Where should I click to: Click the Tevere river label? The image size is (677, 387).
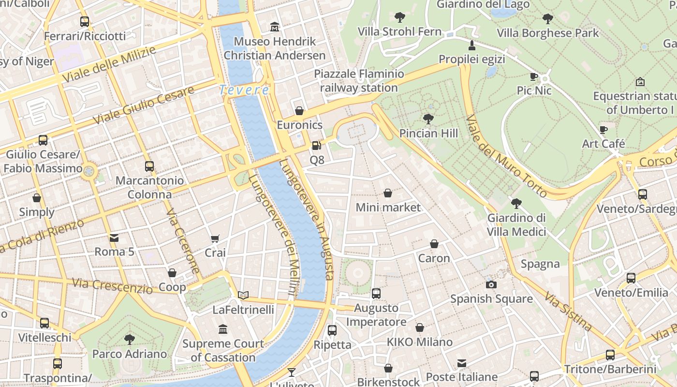(x=244, y=90)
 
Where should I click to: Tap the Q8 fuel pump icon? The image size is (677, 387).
(x=316, y=145)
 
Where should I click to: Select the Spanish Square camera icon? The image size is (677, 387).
(x=491, y=284)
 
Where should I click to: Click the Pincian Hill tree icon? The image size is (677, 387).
(x=428, y=119)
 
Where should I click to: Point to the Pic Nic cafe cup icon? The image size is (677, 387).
(x=534, y=76)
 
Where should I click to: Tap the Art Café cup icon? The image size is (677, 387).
(x=603, y=130)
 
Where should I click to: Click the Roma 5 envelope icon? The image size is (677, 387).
(x=114, y=238)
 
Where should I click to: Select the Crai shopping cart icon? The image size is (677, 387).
(x=215, y=238)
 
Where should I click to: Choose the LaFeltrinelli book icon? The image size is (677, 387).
(x=243, y=295)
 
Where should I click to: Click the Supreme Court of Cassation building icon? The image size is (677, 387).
(x=223, y=329)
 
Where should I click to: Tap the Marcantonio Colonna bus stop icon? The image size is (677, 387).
(x=149, y=166)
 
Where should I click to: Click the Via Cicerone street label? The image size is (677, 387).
(x=183, y=242)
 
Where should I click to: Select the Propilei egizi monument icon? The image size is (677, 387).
(x=472, y=45)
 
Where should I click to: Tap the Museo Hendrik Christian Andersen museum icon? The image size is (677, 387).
(x=275, y=27)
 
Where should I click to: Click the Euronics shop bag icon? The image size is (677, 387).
(x=299, y=111)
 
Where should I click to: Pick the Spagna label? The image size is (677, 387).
(x=540, y=264)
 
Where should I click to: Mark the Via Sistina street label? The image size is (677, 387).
(x=568, y=311)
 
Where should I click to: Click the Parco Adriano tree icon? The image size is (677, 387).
(x=130, y=339)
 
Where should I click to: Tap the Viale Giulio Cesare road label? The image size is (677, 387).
(x=144, y=104)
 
